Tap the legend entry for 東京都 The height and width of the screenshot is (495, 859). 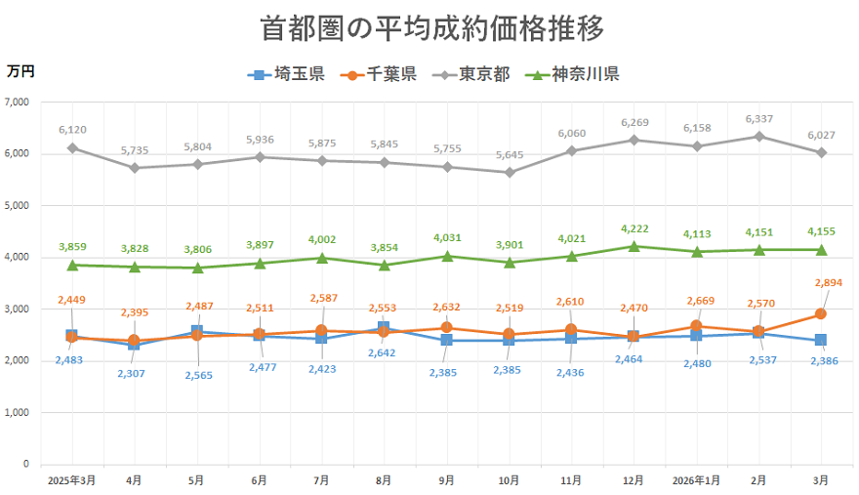click(x=472, y=74)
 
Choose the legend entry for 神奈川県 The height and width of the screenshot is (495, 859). click(x=573, y=74)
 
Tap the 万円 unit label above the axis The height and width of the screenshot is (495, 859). click(x=20, y=71)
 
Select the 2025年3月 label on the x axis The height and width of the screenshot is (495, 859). click(x=71, y=480)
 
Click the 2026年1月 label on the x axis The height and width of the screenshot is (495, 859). click(x=696, y=480)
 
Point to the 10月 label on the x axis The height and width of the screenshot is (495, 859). click(x=509, y=480)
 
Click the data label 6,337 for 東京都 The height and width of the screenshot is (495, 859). click(x=758, y=119)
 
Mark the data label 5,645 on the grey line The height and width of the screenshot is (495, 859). click(x=509, y=154)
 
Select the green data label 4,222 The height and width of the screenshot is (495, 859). click(x=634, y=229)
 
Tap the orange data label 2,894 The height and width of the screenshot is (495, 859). click(x=823, y=283)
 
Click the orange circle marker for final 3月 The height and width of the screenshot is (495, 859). click(x=821, y=314)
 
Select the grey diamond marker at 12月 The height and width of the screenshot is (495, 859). click(x=634, y=140)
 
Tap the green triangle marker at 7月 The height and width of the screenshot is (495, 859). click(x=321, y=258)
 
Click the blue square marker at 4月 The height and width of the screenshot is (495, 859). click(x=134, y=345)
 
